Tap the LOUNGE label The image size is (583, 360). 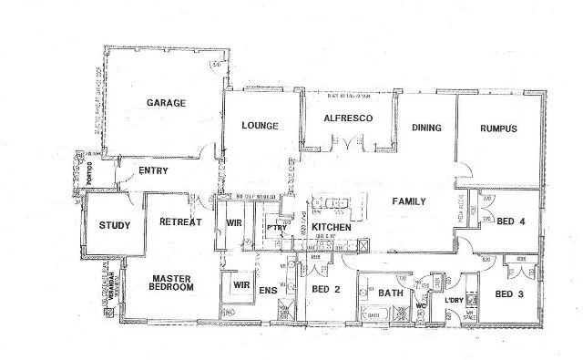pos(260,126)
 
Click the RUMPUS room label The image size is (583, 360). pos(498,129)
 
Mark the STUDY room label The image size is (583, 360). pos(114,226)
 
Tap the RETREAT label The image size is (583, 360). pos(179,222)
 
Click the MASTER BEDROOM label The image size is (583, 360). pos(171,283)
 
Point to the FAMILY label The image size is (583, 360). pos(410,201)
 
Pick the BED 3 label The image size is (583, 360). pos(509,294)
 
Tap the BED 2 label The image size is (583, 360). pos(325,290)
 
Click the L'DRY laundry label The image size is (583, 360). pos(453,301)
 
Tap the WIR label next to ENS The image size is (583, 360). pos(241,284)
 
